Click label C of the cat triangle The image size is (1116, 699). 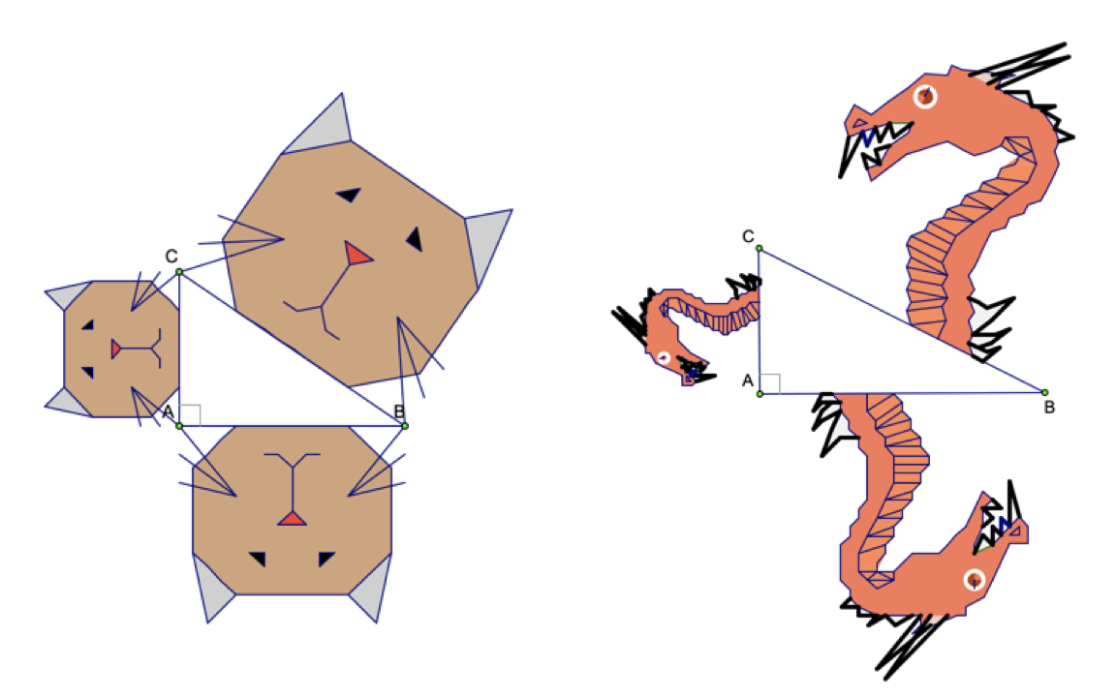click(x=171, y=256)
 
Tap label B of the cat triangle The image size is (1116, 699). click(x=399, y=411)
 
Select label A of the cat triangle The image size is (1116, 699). click(x=169, y=411)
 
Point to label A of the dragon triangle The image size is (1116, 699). click(x=747, y=380)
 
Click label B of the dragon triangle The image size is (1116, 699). click(x=1049, y=408)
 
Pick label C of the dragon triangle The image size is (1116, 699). click(x=748, y=236)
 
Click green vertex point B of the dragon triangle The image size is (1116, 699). click(x=1045, y=392)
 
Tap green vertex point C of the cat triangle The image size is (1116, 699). click(x=179, y=272)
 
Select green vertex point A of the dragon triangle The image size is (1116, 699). click(x=760, y=393)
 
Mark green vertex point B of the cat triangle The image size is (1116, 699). click(x=405, y=426)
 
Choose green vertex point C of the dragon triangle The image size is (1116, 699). click(x=759, y=248)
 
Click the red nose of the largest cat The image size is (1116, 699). click(x=357, y=253)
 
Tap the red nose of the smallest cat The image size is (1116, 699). click(x=115, y=349)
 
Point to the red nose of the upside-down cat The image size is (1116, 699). click(x=292, y=518)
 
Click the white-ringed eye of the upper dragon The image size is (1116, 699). click(x=925, y=96)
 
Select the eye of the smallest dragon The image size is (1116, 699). click(x=664, y=357)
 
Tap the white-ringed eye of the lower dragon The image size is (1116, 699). click(x=975, y=580)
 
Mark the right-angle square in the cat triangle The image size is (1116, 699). click(x=190, y=415)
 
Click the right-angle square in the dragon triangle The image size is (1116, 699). click(x=770, y=384)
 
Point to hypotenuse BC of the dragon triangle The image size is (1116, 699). click(x=903, y=320)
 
